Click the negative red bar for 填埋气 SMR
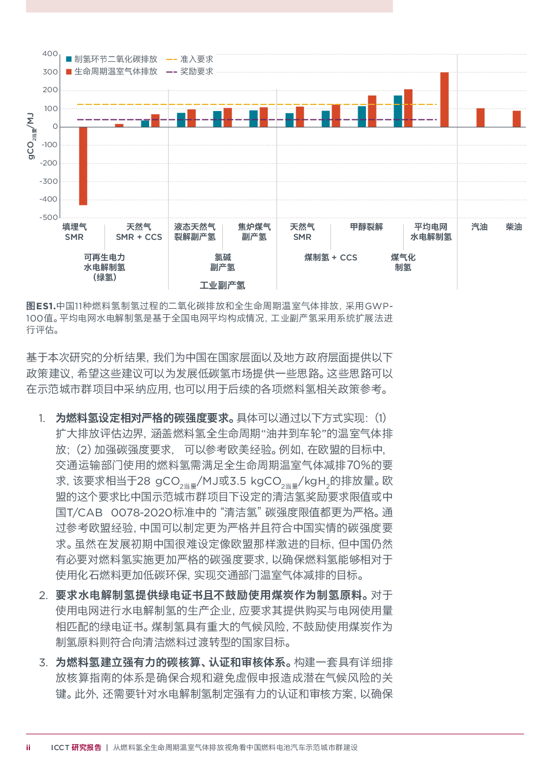[x=83, y=166]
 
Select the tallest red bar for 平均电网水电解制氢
[x=445, y=99]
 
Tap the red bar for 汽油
[x=480, y=118]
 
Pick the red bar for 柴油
[x=517, y=119]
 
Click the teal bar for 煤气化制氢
[x=398, y=111]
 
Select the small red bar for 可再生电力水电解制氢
[x=119, y=125]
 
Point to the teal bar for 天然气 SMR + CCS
[x=145, y=123]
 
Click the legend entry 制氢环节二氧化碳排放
[x=112, y=59]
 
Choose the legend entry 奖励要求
[x=190, y=71]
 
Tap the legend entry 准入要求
[x=190, y=59]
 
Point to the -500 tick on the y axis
[x=49, y=218]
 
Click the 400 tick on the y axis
[x=50, y=54]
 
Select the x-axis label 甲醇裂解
[x=366, y=227]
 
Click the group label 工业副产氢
[x=222, y=285]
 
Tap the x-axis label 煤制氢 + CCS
[x=330, y=258]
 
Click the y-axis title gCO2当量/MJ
[x=31, y=136]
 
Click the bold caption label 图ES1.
[x=40, y=306]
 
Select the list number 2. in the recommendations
[x=43, y=595]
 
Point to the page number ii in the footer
[x=28, y=747]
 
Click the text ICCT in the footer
[x=60, y=748]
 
